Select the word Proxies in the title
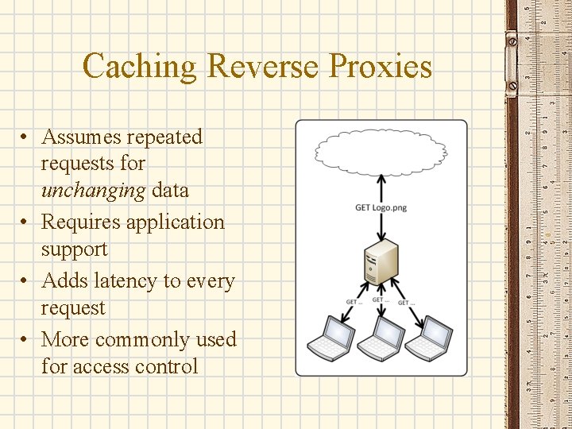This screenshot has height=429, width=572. pyautogui.click(x=381, y=66)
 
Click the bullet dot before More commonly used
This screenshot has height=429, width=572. pyautogui.click(x=26, y=340)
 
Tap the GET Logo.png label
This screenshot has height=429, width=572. pyautogui.click(x=381, y=208)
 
